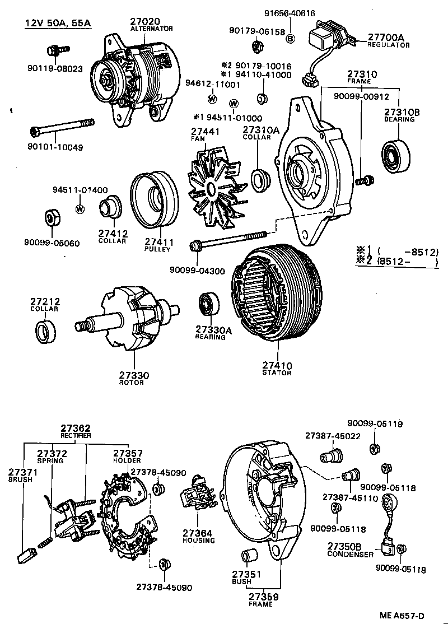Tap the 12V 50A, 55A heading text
click(x=58, y=23)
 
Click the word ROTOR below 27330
click(x=132, y=383)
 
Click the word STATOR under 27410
click(x=277, y=372)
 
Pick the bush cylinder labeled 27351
click(x=248, y=557)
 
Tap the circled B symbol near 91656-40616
click(x=290, y=38)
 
